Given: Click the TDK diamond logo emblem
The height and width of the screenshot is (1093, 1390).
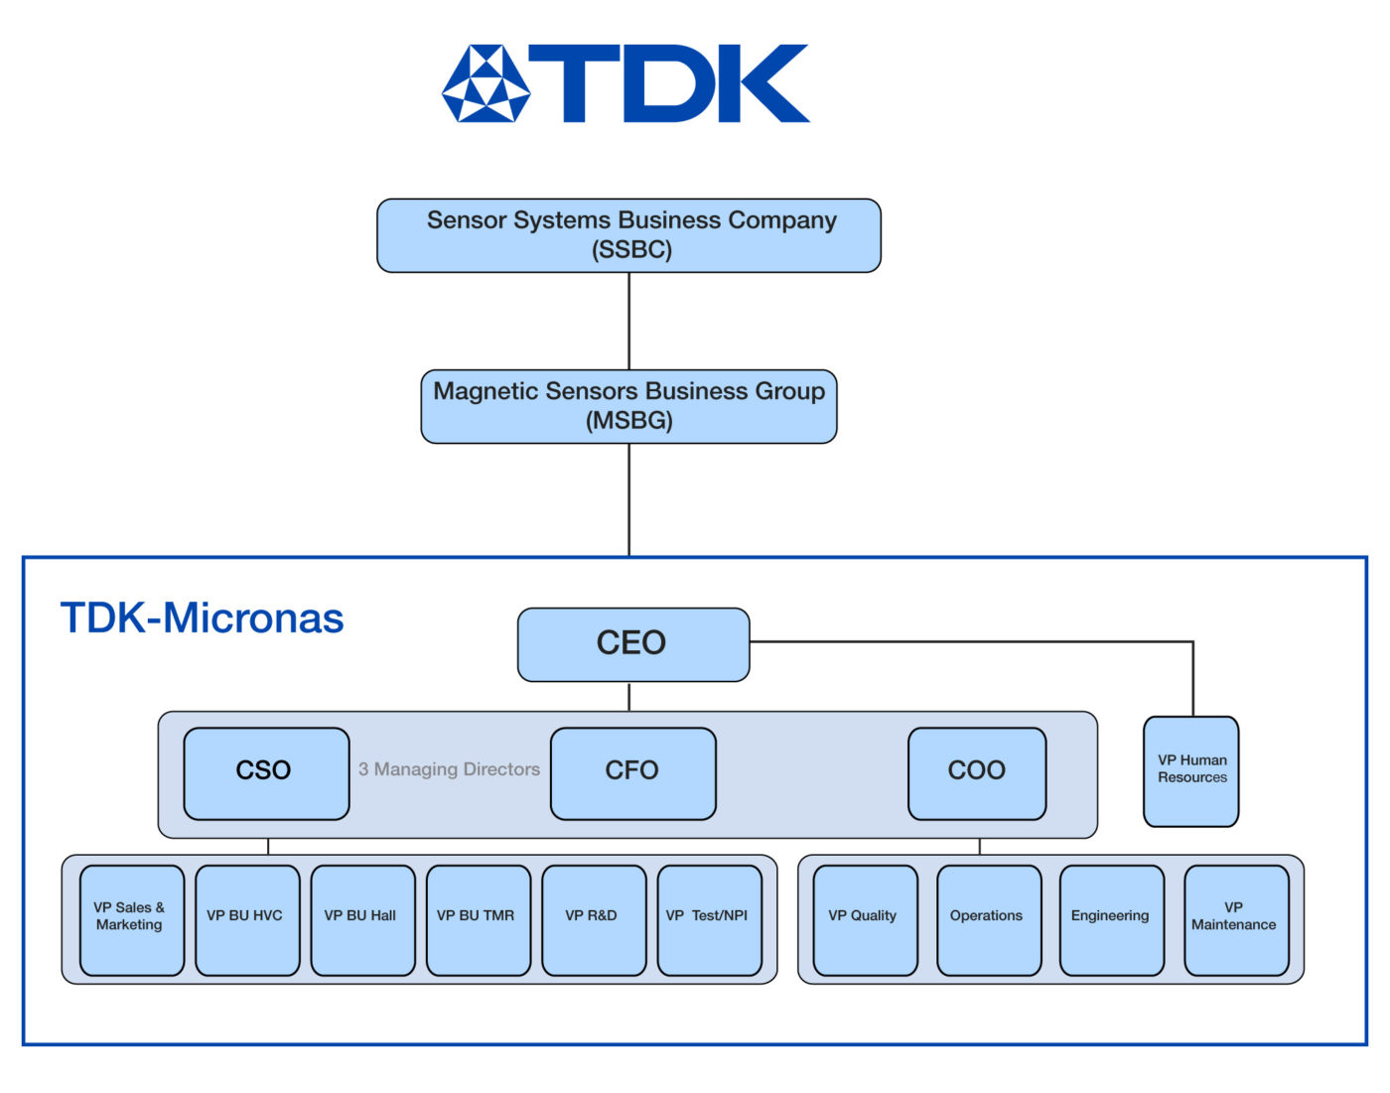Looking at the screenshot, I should pos(486,83).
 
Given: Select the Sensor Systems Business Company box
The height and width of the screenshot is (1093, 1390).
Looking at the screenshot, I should pos(628,235).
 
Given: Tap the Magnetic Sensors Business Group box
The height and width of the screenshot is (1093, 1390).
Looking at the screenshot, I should pos(628,406).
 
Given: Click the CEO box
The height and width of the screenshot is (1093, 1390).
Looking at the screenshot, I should pos(632,644).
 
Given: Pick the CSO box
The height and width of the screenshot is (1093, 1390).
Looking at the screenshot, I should pos(266,773).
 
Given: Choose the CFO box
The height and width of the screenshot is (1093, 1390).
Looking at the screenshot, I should pos(632,773).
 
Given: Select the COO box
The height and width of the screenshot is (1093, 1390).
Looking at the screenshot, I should pos(977,773).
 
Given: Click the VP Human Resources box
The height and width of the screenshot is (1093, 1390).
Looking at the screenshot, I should pos(1190,770).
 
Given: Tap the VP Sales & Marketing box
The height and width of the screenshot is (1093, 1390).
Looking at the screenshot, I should pos(131,919).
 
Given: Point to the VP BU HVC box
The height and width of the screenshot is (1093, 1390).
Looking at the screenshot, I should pos(246,919).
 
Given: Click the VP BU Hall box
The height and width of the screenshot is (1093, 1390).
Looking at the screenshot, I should pos(362,919).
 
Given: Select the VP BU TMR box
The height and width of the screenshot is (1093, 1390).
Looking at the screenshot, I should pos(478,919).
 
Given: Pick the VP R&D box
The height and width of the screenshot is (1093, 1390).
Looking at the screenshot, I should pos(593,919).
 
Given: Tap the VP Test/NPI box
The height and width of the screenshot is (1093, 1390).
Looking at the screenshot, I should pos(709,919).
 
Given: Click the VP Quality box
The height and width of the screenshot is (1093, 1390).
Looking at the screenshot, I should pos(864,919).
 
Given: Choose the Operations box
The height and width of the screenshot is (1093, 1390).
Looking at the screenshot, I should pos(988,919).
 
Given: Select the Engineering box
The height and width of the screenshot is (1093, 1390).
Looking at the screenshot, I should pos(1111,919).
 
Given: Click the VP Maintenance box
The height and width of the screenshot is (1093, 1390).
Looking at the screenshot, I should pos(1235,919).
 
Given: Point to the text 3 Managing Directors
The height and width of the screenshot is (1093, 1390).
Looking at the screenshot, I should pos(449,769).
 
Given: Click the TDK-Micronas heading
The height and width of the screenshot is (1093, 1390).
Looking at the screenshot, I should pos(202,618).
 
